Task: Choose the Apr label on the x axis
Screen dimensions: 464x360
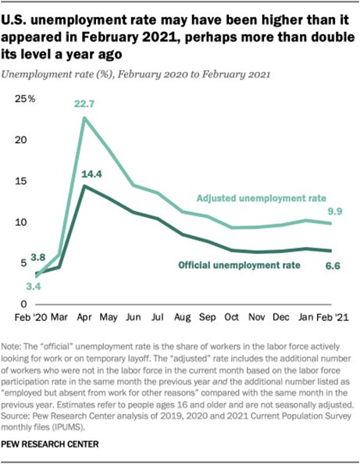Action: point(84,319)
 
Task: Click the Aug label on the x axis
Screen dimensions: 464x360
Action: point(184,319)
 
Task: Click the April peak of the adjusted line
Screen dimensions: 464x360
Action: point(84,118)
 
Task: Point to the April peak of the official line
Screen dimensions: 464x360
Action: point(84,186)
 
